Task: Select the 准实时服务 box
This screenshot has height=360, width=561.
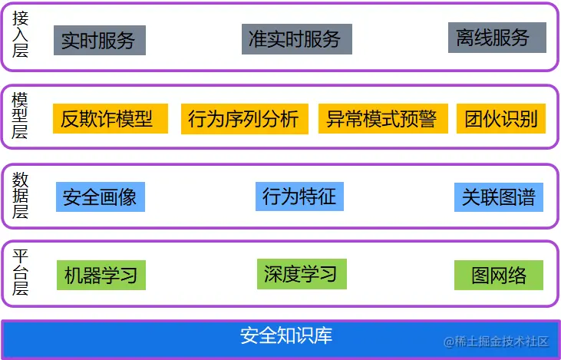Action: (296, 39)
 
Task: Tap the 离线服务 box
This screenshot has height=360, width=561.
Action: (497, 38)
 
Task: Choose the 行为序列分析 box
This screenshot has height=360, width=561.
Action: (244, 119)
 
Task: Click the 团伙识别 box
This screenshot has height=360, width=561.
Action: (501, 119)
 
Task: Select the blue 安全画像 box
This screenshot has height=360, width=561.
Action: (100, 197)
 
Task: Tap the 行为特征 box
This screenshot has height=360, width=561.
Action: (299, 197)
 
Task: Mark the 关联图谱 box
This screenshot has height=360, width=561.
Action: (498, 197)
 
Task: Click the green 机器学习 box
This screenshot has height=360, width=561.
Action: (101, 275)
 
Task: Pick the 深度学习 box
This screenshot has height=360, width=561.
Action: (301, 274)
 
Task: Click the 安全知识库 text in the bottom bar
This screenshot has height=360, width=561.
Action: (286, 336)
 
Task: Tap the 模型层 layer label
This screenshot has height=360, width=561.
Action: (21, 116)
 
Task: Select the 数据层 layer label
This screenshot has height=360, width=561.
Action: (21, 196)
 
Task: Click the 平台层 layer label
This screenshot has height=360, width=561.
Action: (21, 273)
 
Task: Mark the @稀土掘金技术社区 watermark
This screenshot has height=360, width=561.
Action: (496, 341)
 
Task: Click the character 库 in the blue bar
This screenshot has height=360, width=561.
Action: (323, 336)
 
